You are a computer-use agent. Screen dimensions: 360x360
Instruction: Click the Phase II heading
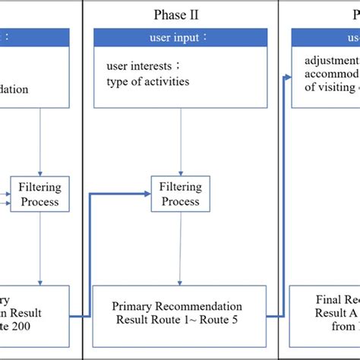tap(180, 14)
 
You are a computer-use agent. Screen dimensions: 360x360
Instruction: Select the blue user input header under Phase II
tap(180, 36)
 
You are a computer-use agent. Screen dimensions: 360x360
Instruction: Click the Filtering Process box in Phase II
tap(180, 194)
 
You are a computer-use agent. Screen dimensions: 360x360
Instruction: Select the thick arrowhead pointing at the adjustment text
tap(289, 76)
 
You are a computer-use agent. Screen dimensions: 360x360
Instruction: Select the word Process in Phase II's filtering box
tap(180, 202)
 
